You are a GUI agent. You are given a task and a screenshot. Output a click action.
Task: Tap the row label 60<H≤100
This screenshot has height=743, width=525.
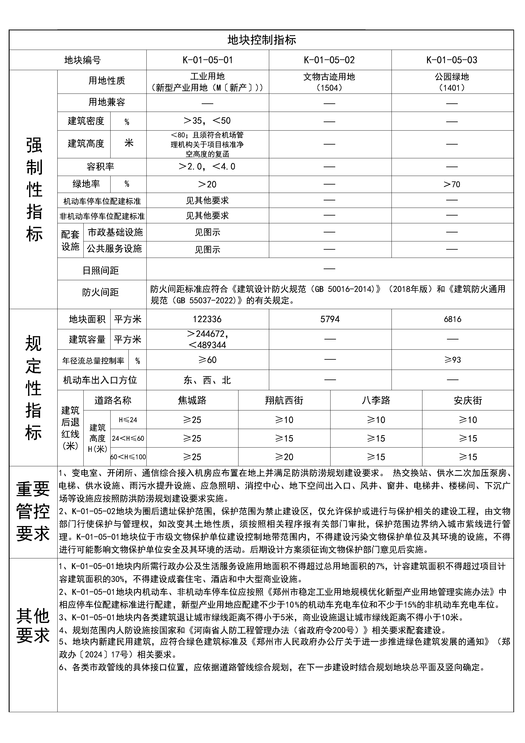pyautogui.click(x=128, y=457)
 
